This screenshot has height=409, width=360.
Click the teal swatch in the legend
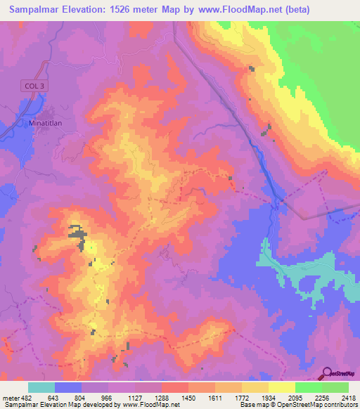[x=41, y=388]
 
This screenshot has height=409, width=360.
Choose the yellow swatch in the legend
[x=281, y=388]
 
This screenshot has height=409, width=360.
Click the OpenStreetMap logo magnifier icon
[x=326, y=373]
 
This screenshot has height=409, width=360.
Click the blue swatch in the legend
[x=68, y=388]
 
